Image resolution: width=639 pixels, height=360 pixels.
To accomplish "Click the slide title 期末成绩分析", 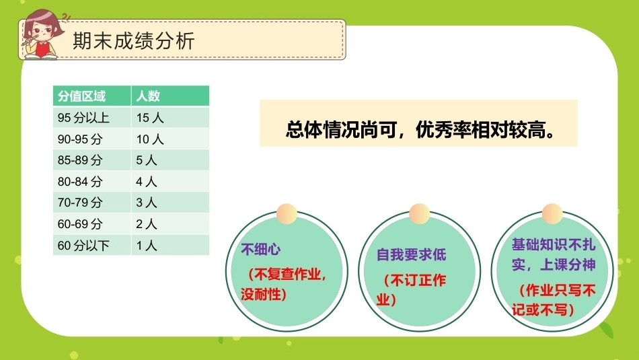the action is coord(134,41).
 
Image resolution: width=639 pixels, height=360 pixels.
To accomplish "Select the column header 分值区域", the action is coord(81,96).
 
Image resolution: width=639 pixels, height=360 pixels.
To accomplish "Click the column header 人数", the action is coord(148,96).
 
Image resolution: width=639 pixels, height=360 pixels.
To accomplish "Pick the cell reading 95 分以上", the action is coord(83,118).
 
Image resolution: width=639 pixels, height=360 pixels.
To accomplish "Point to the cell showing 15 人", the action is coord(150,118).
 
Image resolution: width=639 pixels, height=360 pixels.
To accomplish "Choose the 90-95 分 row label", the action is coord(80,139).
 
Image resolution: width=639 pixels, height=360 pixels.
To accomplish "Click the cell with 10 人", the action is coord(150,139).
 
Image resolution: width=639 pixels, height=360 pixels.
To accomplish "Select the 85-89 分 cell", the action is coord(80,160).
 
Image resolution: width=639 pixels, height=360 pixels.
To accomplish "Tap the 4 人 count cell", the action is coord(147,182).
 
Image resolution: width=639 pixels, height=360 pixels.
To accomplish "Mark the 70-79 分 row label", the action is coord(80,203).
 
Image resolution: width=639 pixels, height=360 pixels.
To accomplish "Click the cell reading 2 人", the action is coord(147,224).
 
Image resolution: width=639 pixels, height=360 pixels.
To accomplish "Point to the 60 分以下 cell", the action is coord(83,246).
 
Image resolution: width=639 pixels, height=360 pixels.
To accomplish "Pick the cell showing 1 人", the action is coord(147,246).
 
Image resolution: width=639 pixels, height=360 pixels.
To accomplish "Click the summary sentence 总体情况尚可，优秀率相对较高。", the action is coord(420,130).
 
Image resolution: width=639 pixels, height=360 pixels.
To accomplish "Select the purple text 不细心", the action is coord(261,249).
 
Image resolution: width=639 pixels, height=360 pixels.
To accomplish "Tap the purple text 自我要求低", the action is coord(411,255).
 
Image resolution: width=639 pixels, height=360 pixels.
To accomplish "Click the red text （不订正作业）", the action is coord(411,290).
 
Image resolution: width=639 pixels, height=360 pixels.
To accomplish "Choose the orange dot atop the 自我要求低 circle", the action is coord(419,213).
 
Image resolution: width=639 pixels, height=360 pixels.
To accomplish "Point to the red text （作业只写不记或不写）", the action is coord(554,300).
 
